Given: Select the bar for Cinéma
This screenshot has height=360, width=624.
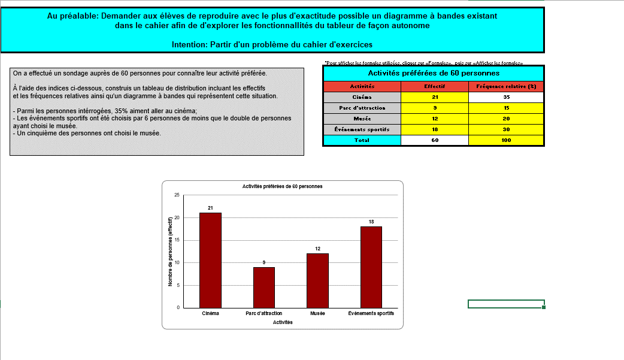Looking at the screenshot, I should point(210,260).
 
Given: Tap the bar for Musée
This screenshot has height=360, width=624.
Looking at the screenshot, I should point(317,280).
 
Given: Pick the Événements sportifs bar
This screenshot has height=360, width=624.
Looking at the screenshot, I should point(371,267).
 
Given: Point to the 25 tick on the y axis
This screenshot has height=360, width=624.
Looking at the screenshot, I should point(177,195).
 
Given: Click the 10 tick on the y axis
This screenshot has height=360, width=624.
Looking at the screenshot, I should point(177,263).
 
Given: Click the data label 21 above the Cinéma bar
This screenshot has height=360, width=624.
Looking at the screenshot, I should point(210,208).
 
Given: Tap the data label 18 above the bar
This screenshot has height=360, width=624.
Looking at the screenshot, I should point(371,222).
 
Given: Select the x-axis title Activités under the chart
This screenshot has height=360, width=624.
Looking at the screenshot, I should point(283,322).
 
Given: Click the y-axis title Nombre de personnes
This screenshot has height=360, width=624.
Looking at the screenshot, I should point(170,251).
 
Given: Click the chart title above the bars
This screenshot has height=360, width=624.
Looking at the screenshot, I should point(282,186).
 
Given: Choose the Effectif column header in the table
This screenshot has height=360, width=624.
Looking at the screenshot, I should point(434,87).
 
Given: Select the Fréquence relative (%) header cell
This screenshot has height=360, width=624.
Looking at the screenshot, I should point(506,87).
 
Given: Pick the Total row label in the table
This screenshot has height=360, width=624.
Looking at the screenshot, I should point(362,140).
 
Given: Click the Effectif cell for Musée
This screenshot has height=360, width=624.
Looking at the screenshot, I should point(434,119).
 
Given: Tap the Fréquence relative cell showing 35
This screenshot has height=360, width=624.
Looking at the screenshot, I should point(506,97).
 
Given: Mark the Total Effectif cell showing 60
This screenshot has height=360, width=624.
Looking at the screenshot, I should point(434,140).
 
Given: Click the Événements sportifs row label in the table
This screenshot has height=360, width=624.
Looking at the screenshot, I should point(362,129).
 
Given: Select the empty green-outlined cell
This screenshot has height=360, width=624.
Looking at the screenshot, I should point(505,304).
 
